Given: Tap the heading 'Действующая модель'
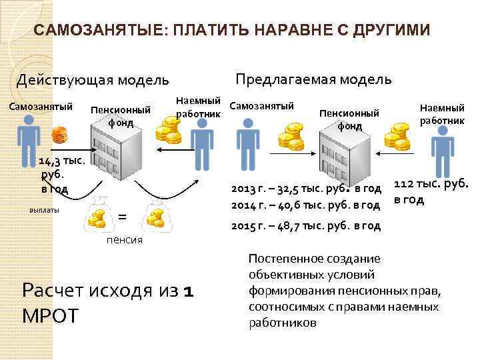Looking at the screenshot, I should tap(93, 81).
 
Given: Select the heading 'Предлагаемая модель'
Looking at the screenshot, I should tap(313, 79).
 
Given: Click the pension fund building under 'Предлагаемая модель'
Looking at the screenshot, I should tap(346, 151).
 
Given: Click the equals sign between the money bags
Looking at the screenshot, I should tap(122, 215).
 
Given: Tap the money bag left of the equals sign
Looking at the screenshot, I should tap(97, 213).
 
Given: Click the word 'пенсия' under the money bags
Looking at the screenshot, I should tap(125, 240).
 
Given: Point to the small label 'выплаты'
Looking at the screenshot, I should tap(45, 210).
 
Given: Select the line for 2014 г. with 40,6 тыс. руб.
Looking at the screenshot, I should tap(306, 204).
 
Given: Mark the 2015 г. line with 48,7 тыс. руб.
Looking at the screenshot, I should tap(306, 226).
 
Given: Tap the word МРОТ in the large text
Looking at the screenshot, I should tap(50, 315).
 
